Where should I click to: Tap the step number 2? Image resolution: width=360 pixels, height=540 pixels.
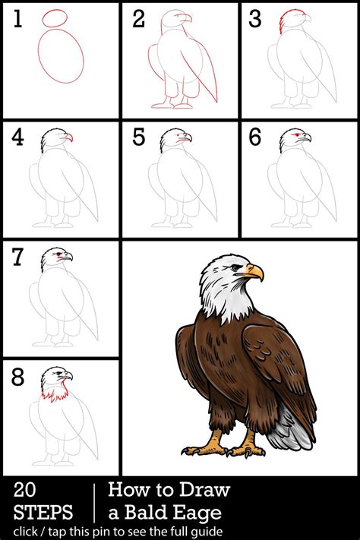(138, 21)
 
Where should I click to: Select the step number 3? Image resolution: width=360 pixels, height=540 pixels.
(255, 21)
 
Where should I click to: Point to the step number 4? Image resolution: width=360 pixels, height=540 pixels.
(17, 138)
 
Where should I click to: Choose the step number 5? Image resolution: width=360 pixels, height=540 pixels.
(138, 138)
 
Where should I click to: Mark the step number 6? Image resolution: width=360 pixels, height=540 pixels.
(255, 138)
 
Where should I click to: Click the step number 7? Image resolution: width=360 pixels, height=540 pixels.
(17, 258)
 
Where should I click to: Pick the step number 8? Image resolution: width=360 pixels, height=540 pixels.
(17, 377)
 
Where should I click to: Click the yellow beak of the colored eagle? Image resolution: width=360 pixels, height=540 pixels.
(254, 271)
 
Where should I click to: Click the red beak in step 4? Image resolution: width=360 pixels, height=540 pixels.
(68, 137)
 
